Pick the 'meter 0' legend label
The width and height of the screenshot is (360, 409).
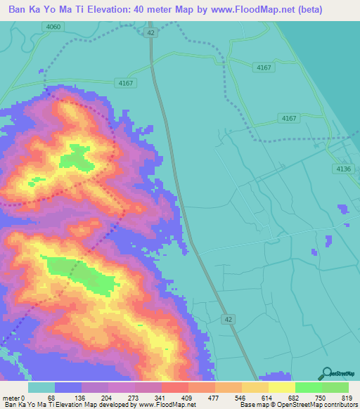[14, 398]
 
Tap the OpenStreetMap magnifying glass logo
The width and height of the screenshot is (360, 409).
[326, 374]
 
